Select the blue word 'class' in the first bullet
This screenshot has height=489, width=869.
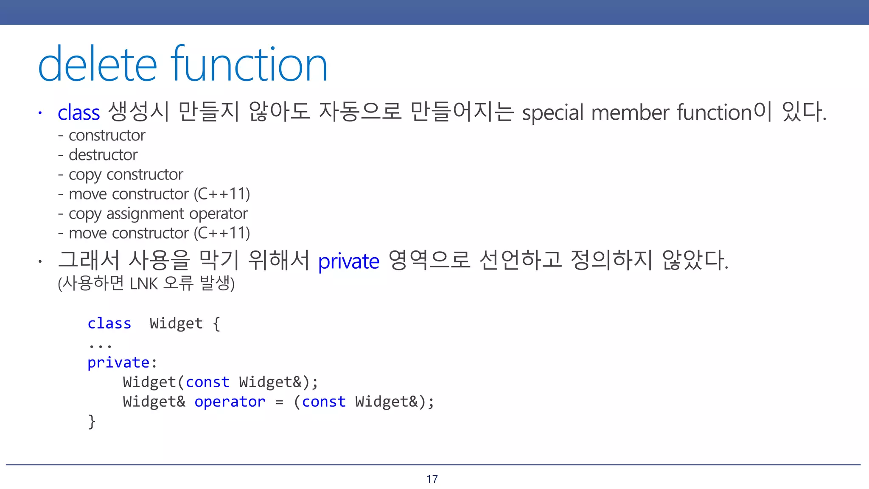[79, 113]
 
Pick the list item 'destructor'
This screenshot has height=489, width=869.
[103, 155]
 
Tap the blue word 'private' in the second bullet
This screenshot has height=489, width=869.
[348, 261]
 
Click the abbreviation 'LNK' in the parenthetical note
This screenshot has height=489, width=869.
[144, 284]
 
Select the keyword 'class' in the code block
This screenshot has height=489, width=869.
[109, 323]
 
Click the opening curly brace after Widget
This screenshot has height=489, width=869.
[216, 324]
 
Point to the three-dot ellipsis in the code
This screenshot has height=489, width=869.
[100, 346]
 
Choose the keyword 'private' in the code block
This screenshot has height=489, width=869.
[118, 363]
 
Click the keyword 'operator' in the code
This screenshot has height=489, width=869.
[230, 402]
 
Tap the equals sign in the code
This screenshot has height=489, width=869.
[279, 402]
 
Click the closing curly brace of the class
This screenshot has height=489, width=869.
[92, 422]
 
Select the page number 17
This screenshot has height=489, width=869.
[432, 479]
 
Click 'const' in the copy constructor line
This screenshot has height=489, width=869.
[207, 382]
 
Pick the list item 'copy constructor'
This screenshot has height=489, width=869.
[126, 174]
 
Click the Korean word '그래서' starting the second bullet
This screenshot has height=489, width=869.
[88, 260]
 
